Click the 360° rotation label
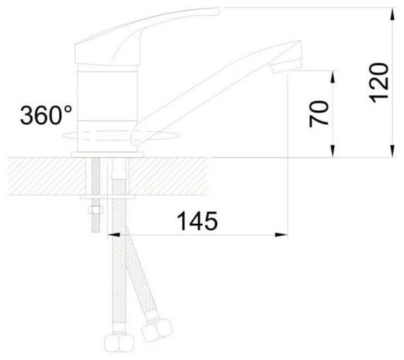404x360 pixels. [x=47, y=115]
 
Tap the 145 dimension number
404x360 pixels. [x=197, y=221]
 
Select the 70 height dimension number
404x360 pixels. [x=319, y=114]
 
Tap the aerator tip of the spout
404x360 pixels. [x=287, y=65]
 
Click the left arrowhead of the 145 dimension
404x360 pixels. [x=114, y=234]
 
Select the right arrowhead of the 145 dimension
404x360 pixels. [x=281, y=234]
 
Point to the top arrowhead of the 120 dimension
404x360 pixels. [x=392, y=14]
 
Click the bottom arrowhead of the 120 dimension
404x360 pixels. [x=392, y=150]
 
